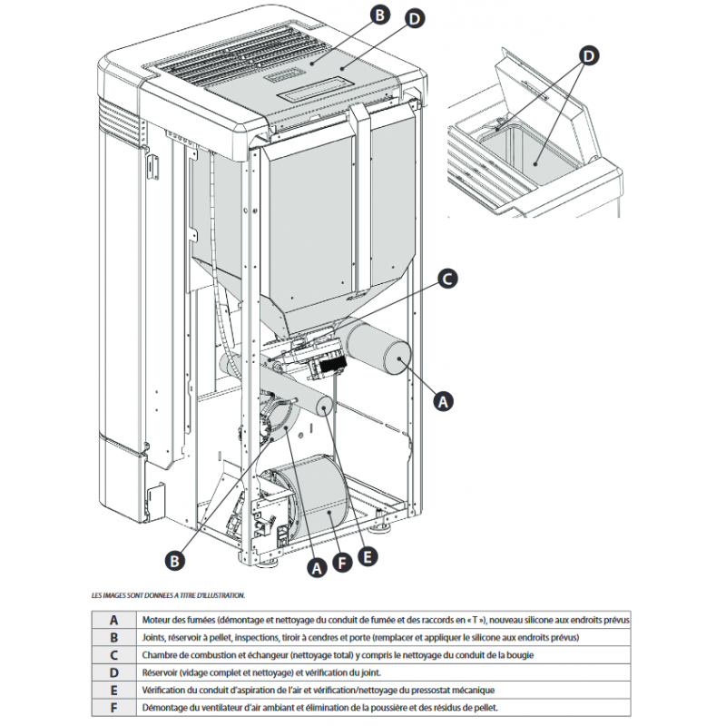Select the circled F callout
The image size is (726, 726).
click(341, 564)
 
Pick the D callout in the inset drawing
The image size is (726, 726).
click(589, 56)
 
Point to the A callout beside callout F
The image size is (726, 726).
click(316, 567)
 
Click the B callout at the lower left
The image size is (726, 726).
click(178, 560)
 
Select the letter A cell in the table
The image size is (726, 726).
click(113, 620)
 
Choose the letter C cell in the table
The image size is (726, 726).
click(113, 655)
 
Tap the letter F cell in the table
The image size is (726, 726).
click(113, 708)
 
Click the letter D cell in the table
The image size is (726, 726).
click(113, 672)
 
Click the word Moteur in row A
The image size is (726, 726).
click(156, 620)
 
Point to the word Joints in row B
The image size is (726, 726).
click(154, 638)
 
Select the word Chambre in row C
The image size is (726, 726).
click(160, 655)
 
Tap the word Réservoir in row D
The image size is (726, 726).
click(162, 672)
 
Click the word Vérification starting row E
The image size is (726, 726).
click(164, 691)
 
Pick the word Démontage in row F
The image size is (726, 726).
click(164, 708)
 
